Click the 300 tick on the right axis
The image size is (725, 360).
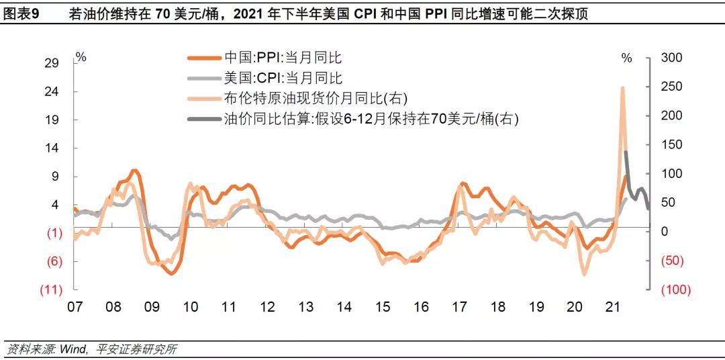click(x=672, y=58)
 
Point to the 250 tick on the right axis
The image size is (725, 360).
click(x=672, y=87)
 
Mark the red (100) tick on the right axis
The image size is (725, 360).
click(x=675, y=289)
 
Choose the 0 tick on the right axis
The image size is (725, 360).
click(x=664, y=232)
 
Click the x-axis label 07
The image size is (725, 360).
click(x=74, y=307)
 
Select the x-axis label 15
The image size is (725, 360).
click(x=382, y=307)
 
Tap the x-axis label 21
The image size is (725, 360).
click(x=612, y=307)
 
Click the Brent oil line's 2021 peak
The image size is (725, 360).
click(x=622, y=88)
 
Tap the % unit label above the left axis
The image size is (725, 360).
click(x=81, y=58)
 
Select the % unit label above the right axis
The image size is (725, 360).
click(x=626, y=58)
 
